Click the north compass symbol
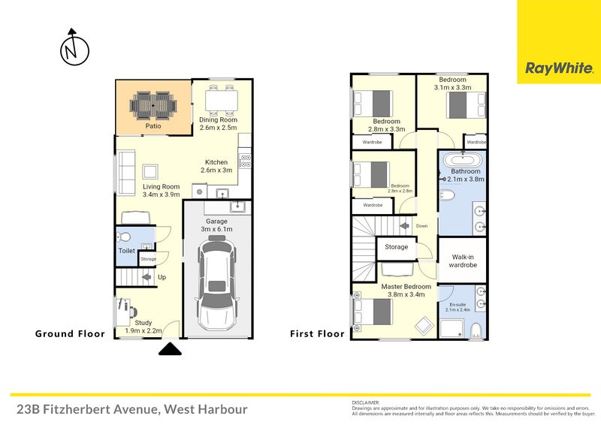(x=74, y=49)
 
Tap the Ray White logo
(x=559, y=68)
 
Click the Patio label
(x=153, y=126)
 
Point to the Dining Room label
(x=218, y=120)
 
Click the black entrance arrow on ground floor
(x=170, y=348)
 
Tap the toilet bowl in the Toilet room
(x=125, y=235)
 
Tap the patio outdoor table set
(x=153, y=105)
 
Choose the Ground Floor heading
(x=70, y=333)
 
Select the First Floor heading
(x=317, y=333)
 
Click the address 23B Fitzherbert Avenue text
(x=131, y=409)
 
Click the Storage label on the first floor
(x=397, y=247)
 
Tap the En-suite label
(x=458, y=305)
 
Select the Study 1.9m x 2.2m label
(x=143, y=327)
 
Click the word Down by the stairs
(x=422, y=225)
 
